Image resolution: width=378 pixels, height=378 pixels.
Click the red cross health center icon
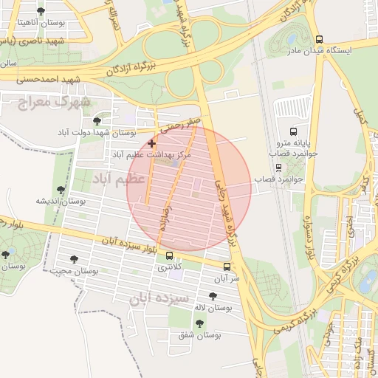[x=152, y=142]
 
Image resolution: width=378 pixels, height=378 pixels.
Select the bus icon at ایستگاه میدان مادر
[x=318, y=39]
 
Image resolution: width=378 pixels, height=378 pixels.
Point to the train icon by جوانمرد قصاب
[x=278, y=168]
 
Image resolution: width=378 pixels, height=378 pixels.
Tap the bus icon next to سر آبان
[x=226, y=267]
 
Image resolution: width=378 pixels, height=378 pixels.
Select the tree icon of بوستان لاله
[x=213, y=295]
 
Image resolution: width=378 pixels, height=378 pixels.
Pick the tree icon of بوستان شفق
[x=199, y=323]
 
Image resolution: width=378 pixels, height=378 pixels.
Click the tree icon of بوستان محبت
[x=74, y=258]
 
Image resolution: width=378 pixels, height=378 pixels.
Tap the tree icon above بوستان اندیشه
[x=61, y=190]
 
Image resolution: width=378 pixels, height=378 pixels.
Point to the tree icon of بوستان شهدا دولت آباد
[x=97, y=120]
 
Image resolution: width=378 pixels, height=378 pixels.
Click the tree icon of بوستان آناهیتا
[x=40, y=11]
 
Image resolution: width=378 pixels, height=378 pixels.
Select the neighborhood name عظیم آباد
[x=112, y=179]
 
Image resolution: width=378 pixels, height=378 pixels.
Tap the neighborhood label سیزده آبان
[x=156, y=298]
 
